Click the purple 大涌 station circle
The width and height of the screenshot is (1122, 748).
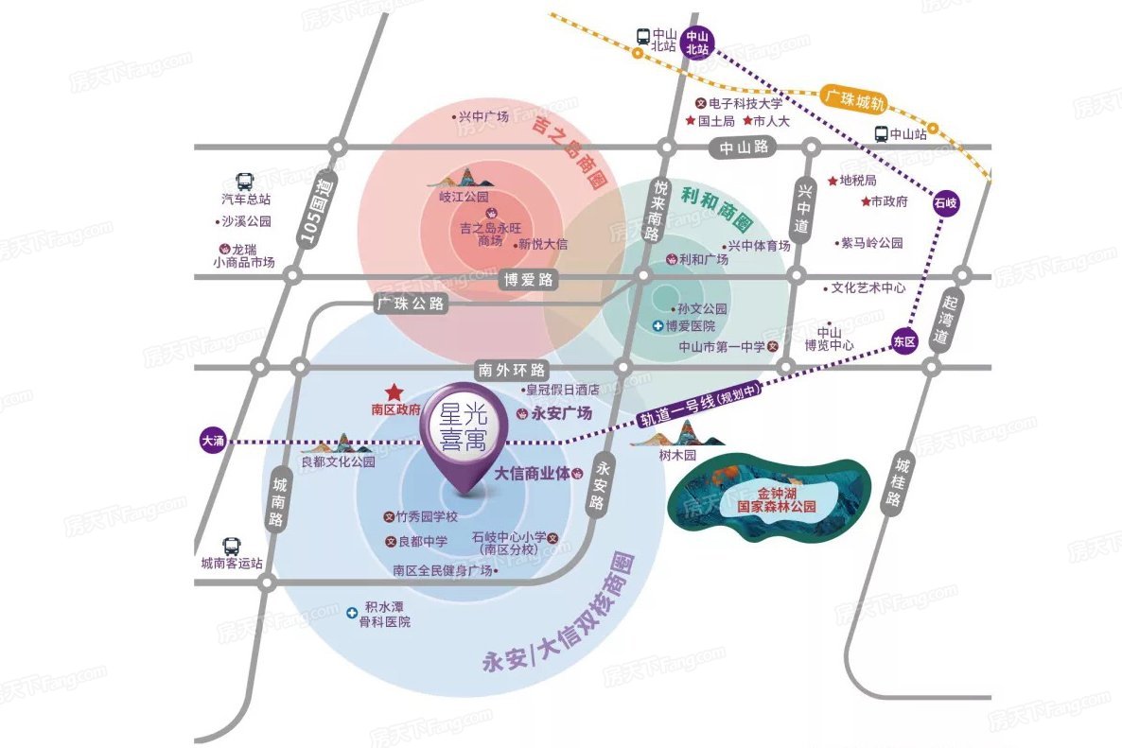(x=213, y=441)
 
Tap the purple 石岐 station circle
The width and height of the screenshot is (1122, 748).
(x=945, y=203)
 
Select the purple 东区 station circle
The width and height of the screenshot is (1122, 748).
(x=904, y=341)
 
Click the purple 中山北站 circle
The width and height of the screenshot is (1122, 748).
(x=697, y=43)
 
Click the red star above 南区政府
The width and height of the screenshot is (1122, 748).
(x=394, y=391)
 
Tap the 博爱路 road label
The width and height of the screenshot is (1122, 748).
(x=529, y=280)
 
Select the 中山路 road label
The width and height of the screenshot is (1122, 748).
(x=745, y=148)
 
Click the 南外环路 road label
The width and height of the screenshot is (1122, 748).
(x=512, y=370)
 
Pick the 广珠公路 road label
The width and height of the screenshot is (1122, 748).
(x=411, y=304)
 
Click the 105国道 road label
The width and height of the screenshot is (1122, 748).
(x=316, y=212)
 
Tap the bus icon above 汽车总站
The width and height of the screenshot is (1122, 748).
(x=245, y=182)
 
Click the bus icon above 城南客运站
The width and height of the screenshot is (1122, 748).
(x=231, y=547)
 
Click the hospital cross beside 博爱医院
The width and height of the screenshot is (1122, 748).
(x=658, y=326)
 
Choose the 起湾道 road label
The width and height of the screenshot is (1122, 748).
(x=946, y=320)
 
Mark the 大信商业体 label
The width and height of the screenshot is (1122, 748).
(x=533, y=474)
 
